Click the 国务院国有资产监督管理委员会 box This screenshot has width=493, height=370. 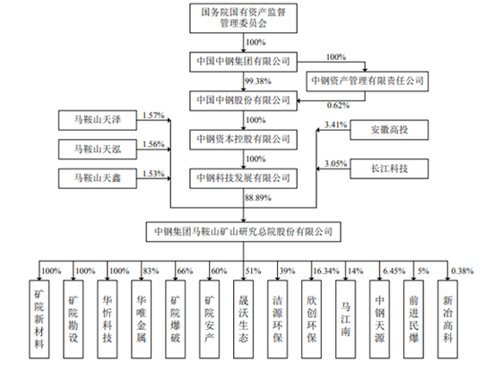point(245,18)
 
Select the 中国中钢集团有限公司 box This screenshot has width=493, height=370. point(245,61)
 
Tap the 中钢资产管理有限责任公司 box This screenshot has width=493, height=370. point(365,82)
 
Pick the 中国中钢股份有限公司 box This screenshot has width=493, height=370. point(245,100)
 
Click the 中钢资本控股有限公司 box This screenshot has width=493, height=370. point(245,140)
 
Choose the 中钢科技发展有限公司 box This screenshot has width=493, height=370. point(245,179)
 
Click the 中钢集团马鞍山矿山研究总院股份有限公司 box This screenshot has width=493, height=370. point(245,231)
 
